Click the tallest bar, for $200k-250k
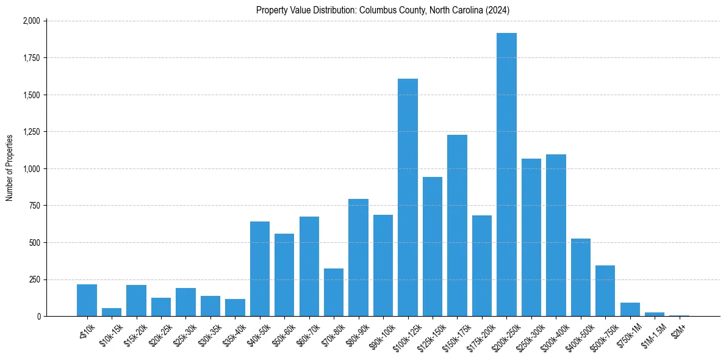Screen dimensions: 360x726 506,175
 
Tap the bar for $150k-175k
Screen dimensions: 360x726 457,226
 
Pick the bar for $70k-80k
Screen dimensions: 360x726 334,292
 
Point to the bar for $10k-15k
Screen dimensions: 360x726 112,312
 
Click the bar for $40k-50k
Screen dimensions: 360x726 260,269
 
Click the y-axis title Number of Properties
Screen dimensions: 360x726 9,168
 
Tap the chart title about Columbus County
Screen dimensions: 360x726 383,10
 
